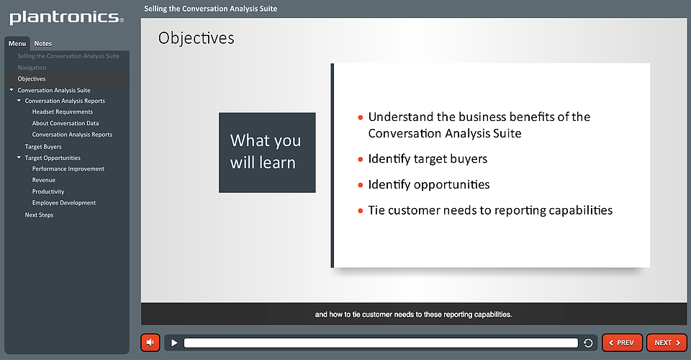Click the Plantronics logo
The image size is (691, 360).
(x=66, y=17)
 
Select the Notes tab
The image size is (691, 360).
(x=42, y=44)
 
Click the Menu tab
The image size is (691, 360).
(x=17, y=44)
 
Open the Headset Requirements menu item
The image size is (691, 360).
(x=63, y=112)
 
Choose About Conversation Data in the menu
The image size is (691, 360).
(x=66, y=123)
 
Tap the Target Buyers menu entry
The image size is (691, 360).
(x=43, y=147)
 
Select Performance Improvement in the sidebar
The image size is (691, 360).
(x=68, y=168)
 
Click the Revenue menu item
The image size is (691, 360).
(x=44, y=180)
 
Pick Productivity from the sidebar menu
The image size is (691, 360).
(x=48, y=192)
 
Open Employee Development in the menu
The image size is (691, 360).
(x=64, y=203)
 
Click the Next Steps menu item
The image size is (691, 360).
(x=39, y=215)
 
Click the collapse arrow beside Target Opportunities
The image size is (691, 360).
(x=19, y=157)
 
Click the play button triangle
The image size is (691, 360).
(x=174, y=343)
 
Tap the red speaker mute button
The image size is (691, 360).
(x=150, y=343)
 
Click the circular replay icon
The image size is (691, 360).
(x=588, y=343)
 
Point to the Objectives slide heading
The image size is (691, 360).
(x=196, y=38)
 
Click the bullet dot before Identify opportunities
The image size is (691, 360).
(x=361, y=185)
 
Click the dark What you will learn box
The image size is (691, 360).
(x=267, y=153)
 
